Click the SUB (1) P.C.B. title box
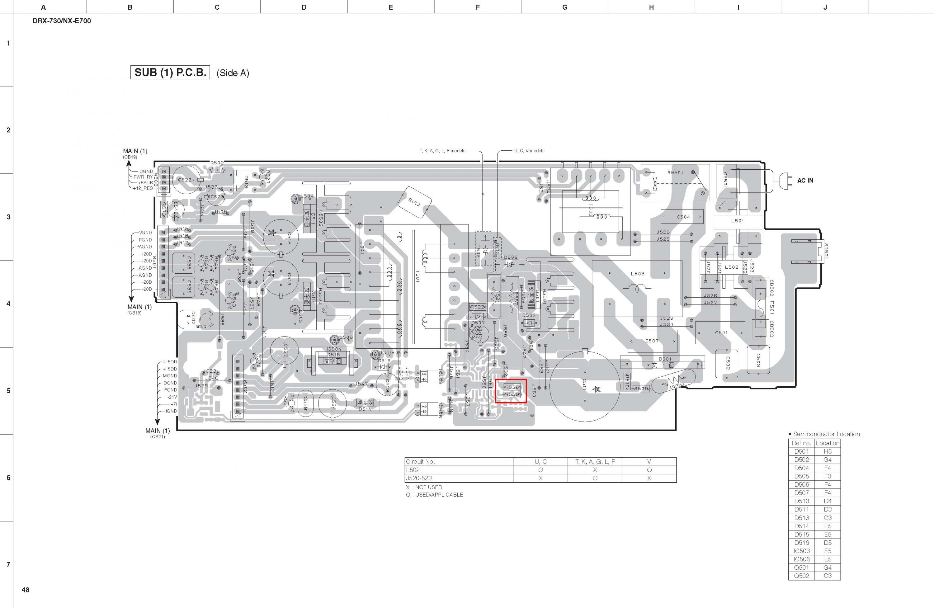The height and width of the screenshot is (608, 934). click(170, 73)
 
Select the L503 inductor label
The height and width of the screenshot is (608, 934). click(637, 274)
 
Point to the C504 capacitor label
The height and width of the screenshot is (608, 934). click(683, 217)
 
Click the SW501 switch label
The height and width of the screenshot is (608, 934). click(675, 173)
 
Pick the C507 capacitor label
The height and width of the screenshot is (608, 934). click(652, 341)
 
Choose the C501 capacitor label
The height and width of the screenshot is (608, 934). click(721, 332)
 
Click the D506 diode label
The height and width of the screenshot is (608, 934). click(511, 257)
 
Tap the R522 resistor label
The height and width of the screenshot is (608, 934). click(477, 307)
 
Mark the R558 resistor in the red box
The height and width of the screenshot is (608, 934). click(512, 387)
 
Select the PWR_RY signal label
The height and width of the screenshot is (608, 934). click(143, 177)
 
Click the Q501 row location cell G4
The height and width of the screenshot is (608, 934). click(827, 568)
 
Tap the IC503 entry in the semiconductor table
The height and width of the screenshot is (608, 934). click(801, 551)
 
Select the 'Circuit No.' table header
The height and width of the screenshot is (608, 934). click(420, 462)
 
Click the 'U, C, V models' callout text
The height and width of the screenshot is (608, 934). click(529, 151)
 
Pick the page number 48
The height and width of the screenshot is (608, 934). click(26, 590)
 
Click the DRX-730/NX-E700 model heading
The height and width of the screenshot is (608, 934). click(62, 21)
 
